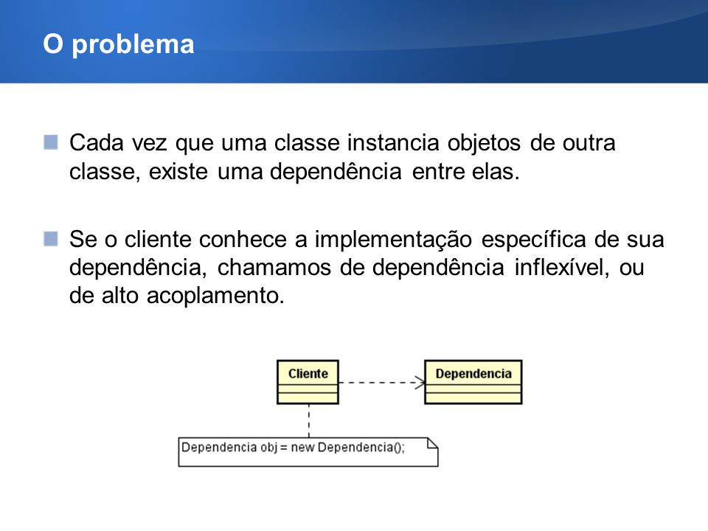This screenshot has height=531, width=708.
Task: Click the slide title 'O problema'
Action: pyautogui.click(x=118, y=45)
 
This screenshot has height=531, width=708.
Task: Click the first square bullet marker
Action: pyautogui.click(x=51, y=142)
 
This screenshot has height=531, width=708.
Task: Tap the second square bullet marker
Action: pyautogui.click(x=51, y=239)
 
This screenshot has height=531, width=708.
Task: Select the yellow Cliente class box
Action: pyautogui.click(x=308, y=382)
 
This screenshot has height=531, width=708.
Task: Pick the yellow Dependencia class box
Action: pyautogui.click(x=473, y=382)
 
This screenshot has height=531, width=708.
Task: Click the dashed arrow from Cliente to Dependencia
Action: pyautogui.click(x=381, y=383)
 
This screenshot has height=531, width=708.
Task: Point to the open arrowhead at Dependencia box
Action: pyautogui.click(x=420, y=383)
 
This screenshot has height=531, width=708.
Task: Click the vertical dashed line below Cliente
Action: pyautogui.click(x=309, y=421)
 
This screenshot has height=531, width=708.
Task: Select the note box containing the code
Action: pyautogui.click(x=308, y=452)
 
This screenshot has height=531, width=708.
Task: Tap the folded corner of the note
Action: pyautogui.click(x=433, y=443)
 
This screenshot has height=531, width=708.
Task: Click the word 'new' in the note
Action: pyautogui.click(x=303, y=448)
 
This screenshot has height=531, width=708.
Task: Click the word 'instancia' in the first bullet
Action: pyautogui.click(x=393, y=143)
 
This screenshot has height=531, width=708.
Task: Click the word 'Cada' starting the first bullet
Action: pyautogui.click(x=96, y=143)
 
